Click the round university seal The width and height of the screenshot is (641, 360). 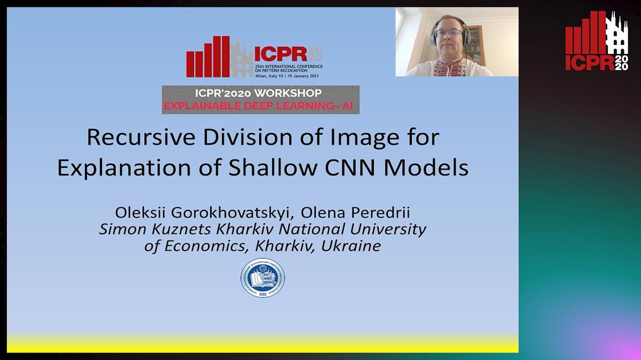pos(262,280)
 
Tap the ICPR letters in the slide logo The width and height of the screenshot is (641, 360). pos(280,54)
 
